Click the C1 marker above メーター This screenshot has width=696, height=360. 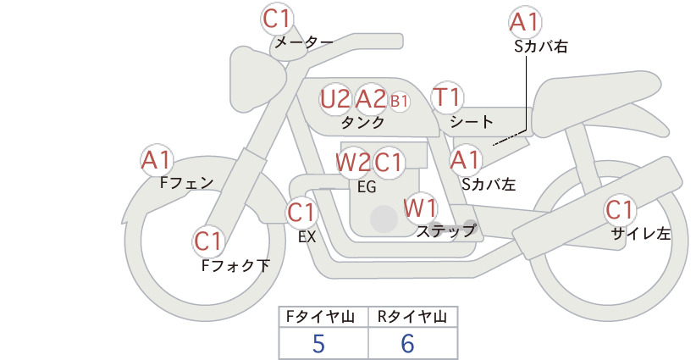pyautogui.click(x=276, y=19)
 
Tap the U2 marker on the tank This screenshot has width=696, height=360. pyautogui.click(x=335, y=99)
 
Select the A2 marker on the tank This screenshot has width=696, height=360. pyautogui.click(x=371, y=99)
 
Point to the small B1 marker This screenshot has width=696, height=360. pyautogui.click(x=399, y=101)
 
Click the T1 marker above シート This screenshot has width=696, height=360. pyautogui.click(x=447, y=97)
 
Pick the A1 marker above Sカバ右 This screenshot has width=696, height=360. pyautogui.click(x=525, y=22)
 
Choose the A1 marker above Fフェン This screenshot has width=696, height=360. pyautogui.click(x=157, y=160)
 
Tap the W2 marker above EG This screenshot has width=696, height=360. pyautogui.click(x=353, y=163)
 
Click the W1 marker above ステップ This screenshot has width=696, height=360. pyautogui.click(x=420, y=208)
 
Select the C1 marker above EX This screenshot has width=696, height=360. pyautogui.click(x=301, y=213)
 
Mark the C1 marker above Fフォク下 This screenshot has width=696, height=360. pyautogui.click(x=207, y=241)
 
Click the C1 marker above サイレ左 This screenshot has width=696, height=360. pyautogui.click(x=619, y=210)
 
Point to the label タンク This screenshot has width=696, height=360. pyautogui.click(x=362, y=123)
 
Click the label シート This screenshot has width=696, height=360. pyautogui.click(x=472, y=122)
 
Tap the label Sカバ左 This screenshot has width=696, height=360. pyautogui.click(x=489, y=184)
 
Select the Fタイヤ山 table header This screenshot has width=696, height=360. pyautogui.click(x=320, y=317)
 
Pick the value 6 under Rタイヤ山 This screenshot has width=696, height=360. pyautogui.click(x=407, y=343)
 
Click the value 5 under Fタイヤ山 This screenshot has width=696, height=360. pyautogui.click(x=318, y=343)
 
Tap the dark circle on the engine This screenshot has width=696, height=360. pyautogui.click(x=384, y=219)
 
